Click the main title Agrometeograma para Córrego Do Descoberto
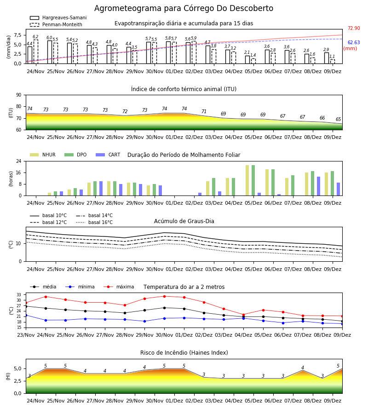click(184, 8)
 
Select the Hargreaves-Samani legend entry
click(58, 17)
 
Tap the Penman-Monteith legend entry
click(56, 24)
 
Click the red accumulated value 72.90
click(354, 28)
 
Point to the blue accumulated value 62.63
click(354, 42)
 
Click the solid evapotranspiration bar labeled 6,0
click(50, 52)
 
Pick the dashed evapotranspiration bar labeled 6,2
click(35, 52)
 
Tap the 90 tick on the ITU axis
click(19, 95)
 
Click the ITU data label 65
click(338, 119)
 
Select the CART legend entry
click(108, 155)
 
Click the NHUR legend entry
click(43, 155)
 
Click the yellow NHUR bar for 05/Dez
click(247, 180)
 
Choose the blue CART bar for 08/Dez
click(319, 186)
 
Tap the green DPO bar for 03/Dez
click(213, 187)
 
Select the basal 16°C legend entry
click(94, 222)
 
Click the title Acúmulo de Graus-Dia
click(184, 221)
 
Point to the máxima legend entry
click(119, 287)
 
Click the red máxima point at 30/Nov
click(165, 296)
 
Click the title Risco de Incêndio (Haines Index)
click(184, 353)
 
